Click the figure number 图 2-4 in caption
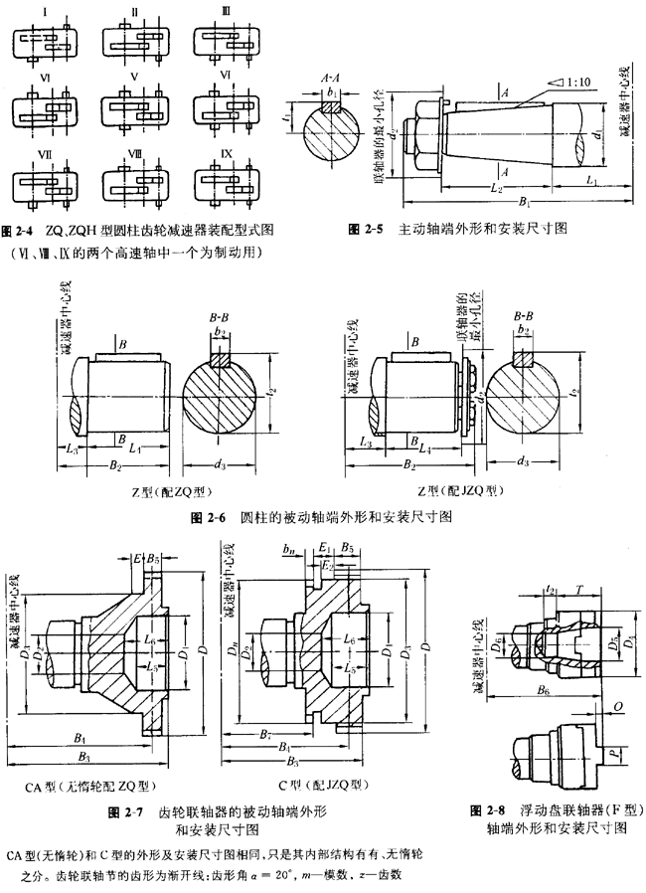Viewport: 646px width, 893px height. point(18,229)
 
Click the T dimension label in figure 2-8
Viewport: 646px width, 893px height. point(577,589)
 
